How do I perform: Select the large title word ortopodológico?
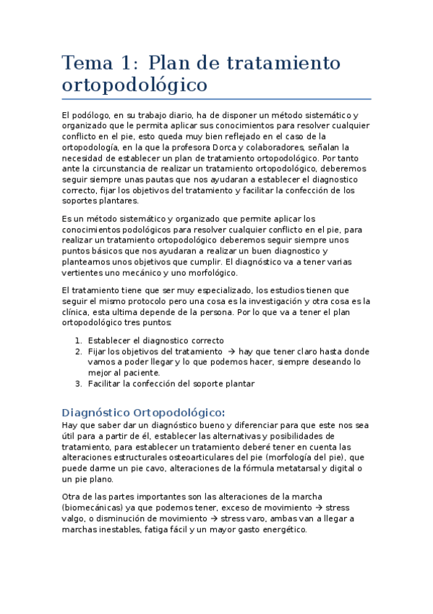(134, 85)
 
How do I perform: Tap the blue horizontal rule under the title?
(216, 99)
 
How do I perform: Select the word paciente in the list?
(137, 372)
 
